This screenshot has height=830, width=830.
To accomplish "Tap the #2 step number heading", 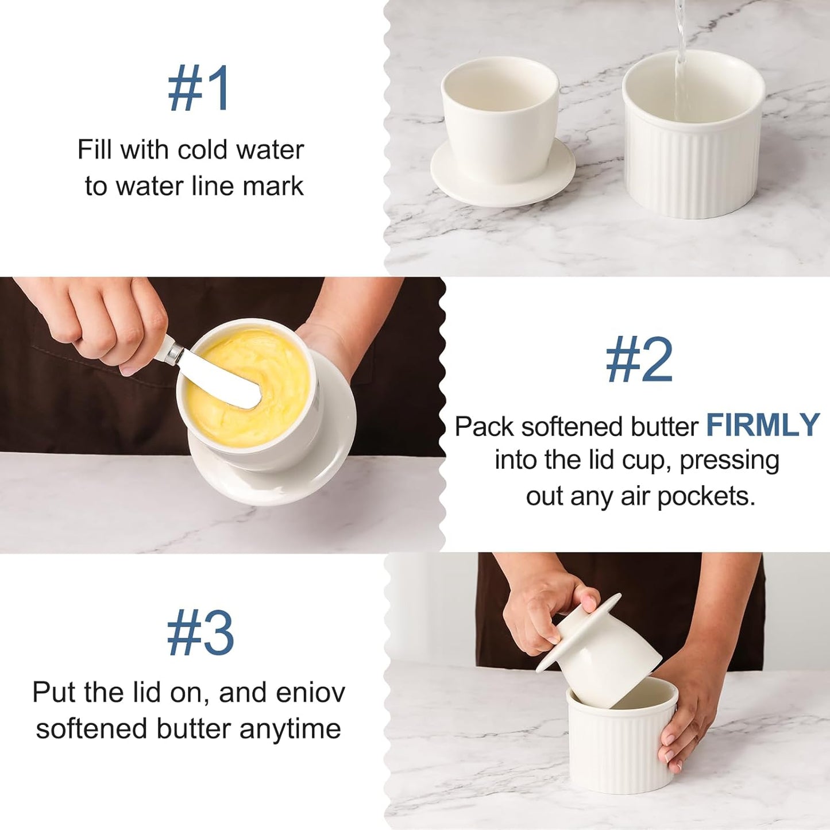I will point(639,360).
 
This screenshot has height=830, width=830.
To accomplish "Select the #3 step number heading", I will point(200,633).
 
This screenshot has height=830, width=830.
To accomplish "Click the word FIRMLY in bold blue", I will point(762,426).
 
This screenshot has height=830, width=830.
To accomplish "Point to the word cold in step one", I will point(204,150).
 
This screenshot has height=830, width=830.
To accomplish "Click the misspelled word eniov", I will point(310,692).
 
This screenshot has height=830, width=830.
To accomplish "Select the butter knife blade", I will point(221,382).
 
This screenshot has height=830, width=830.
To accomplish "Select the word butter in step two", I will point(664,427).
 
